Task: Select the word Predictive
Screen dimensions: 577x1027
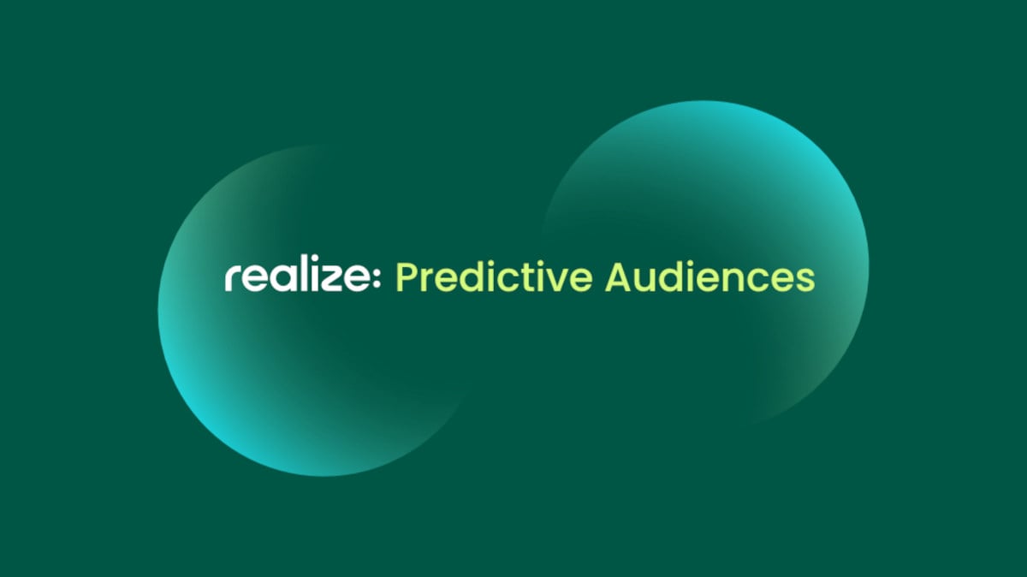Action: pyautogui.click(x=494, y=279)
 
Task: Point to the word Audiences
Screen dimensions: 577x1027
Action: pyautogui.click(x=709, y=279)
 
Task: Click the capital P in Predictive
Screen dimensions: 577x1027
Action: pyautogui.click(x=406, y=279)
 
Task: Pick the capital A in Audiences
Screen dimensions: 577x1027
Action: pyautogui.click(x=619, y=278)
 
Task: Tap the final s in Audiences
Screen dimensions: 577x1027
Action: pyautogui.click(x=804, y=281)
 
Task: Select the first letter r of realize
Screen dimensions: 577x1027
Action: pyautogui.click(x=233, y=281)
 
